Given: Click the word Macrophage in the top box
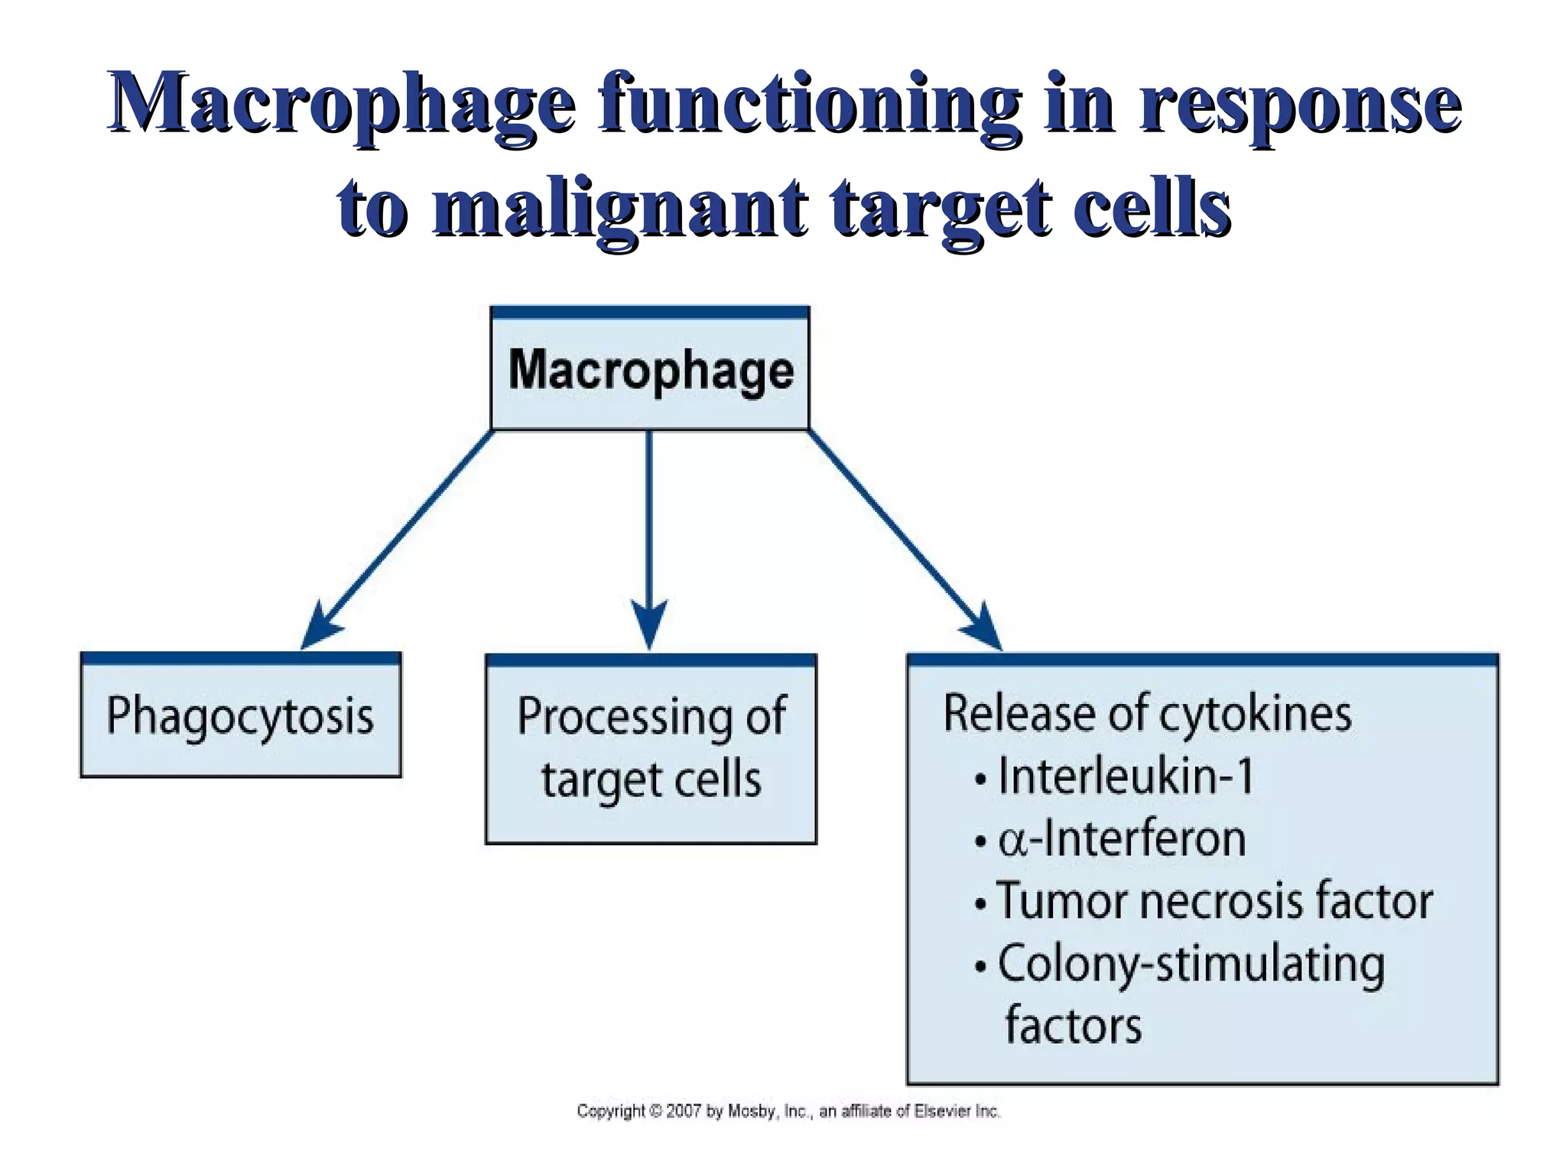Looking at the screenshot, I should (651, 371).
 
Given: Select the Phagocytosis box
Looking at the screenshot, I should (240, 716).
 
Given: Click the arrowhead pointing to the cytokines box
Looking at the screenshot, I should (983, 629).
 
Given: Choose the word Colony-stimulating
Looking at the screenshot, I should (1191, 965).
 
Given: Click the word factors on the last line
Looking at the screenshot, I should (1073, 1026).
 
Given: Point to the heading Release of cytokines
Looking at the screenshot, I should (1147, 714).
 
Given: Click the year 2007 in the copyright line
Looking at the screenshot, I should (684, 1111).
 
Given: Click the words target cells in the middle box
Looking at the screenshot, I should (651, 780).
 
